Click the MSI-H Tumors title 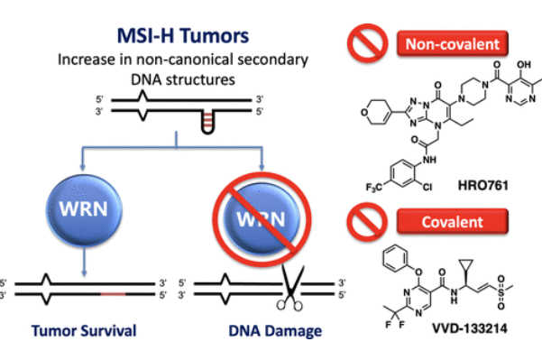click(183, 35)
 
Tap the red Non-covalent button click(453, 43)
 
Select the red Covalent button click(453, 222)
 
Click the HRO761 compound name click(482, 185)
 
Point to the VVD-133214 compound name click(470, 328)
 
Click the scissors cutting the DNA click(290, 287)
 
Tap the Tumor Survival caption click(84, 330)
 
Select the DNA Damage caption click(275, 331)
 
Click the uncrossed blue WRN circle click(84, 209)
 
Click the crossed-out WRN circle click(262, 218)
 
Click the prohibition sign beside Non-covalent click(367, 43)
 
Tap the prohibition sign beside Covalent click(367, 222)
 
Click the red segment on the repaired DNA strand click(113, 294)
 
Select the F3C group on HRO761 click(373, 188)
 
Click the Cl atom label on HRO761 click(427, 187)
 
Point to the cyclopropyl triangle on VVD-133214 click(466, 266)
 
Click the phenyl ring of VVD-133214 click(396, 258)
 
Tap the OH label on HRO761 click(524, 65)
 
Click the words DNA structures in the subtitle click(183, 79)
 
